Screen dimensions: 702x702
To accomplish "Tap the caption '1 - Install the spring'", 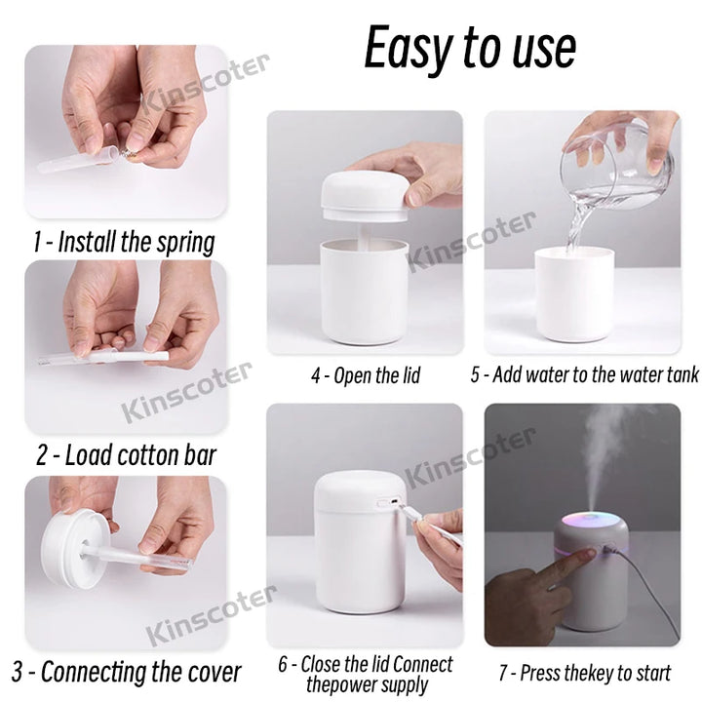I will [123, 242].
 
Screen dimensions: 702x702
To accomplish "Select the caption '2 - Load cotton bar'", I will [126, 454].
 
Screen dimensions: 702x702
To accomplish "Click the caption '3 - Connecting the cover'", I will [127, 671].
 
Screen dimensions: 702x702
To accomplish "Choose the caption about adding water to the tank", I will [584, 375].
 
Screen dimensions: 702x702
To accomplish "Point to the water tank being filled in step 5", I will [574, 292].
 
